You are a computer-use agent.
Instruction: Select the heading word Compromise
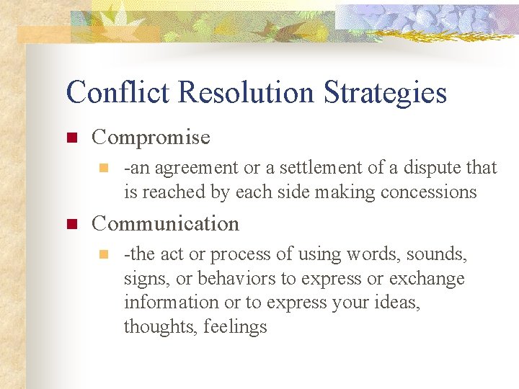click(151, 138)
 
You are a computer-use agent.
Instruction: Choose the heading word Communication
click(165, 224)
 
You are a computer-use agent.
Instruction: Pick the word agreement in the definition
click(196, 169)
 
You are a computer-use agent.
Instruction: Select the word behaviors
click(232, 279)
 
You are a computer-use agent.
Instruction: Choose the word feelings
click(236, 327)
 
